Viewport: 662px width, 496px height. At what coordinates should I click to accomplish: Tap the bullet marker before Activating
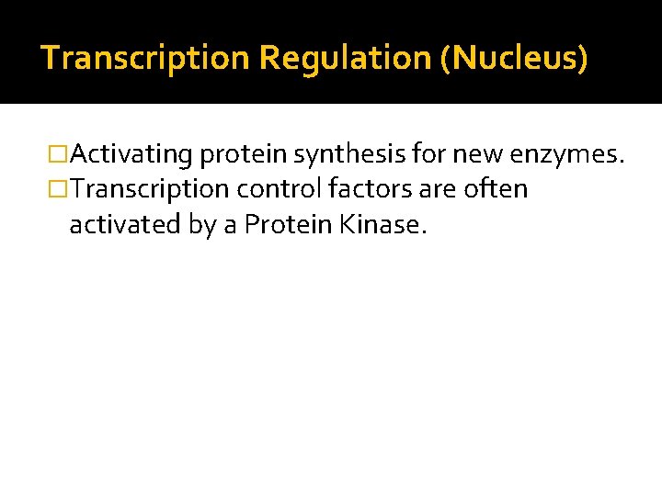[61, 155]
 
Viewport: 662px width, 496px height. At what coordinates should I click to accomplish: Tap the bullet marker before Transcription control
[61, 190]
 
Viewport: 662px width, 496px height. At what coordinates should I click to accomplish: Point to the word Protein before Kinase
[289, 225]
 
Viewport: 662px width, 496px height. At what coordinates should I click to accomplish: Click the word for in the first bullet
[428, 155]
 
